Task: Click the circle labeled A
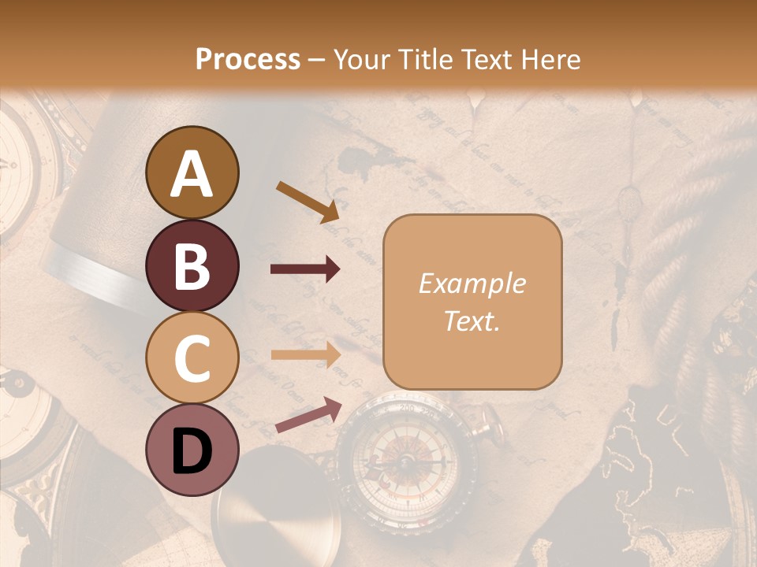[x=192, y=173]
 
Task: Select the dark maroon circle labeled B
[x=192, y=266]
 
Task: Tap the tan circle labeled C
[x=192, y=358]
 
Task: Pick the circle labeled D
[x=192, y=450]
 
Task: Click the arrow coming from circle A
[x=308, y=202]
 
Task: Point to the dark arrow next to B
[x=306, y=269]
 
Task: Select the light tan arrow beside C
[x=306, y=354]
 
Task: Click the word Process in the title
[x=248, y=59]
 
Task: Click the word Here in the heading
[x=552, y=59]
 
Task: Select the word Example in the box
[x=472, y=283]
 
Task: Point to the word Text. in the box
[x=472, y=321]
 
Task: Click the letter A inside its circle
[x=192, y=174]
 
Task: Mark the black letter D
[x=192, y=451]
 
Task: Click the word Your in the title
[x=360, y=59]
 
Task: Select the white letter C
[x=192, y=359]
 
